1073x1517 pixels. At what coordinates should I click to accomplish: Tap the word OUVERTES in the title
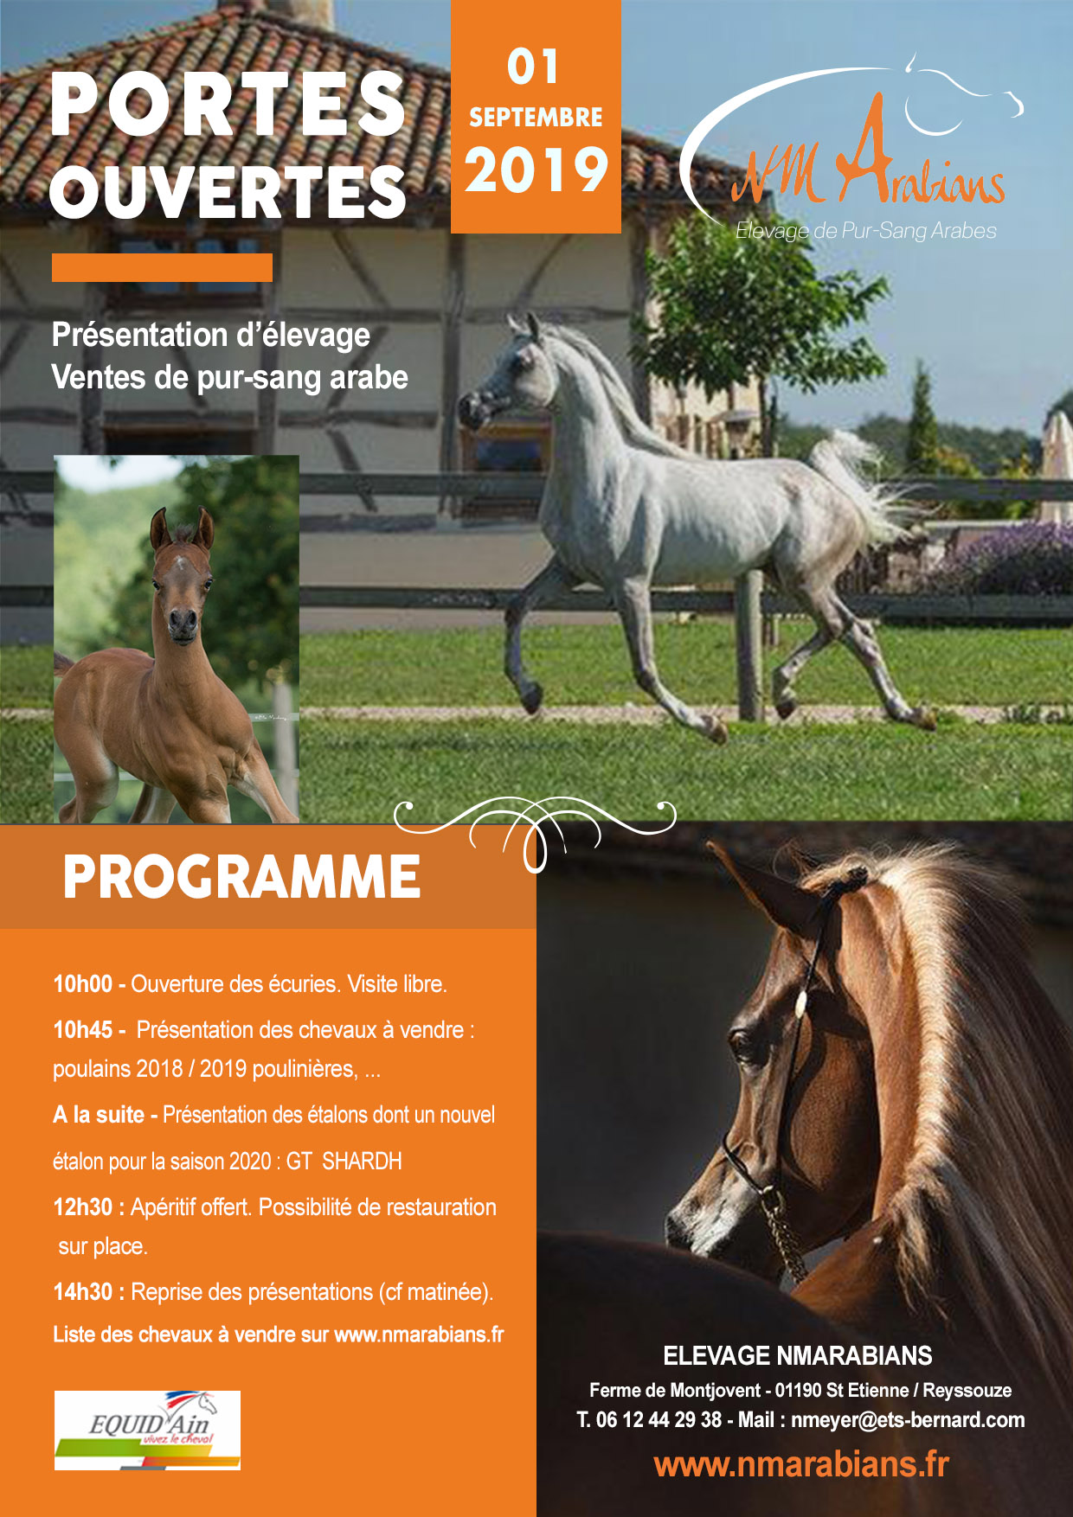[228, 191]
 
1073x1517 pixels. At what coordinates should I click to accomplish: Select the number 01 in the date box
[534, 67]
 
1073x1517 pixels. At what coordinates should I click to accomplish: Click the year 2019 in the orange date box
[536, 170]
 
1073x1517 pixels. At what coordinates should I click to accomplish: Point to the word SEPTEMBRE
[536, 117]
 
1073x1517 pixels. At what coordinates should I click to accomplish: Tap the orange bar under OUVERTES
[162, 267]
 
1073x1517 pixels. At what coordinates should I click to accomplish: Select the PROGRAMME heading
[241, 877]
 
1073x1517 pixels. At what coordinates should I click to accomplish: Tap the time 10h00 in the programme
[83, 984]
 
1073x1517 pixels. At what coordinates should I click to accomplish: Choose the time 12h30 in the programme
[83, 1207]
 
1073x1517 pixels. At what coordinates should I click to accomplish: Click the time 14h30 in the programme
[83, 1292]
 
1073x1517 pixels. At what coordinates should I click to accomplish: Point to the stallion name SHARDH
[362, 1161]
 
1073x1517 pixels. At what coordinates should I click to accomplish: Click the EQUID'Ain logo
[147, 1430]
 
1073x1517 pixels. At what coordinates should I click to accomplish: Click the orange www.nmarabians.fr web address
[801, 1464]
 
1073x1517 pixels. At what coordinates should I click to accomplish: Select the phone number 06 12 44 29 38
[659, 1419]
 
